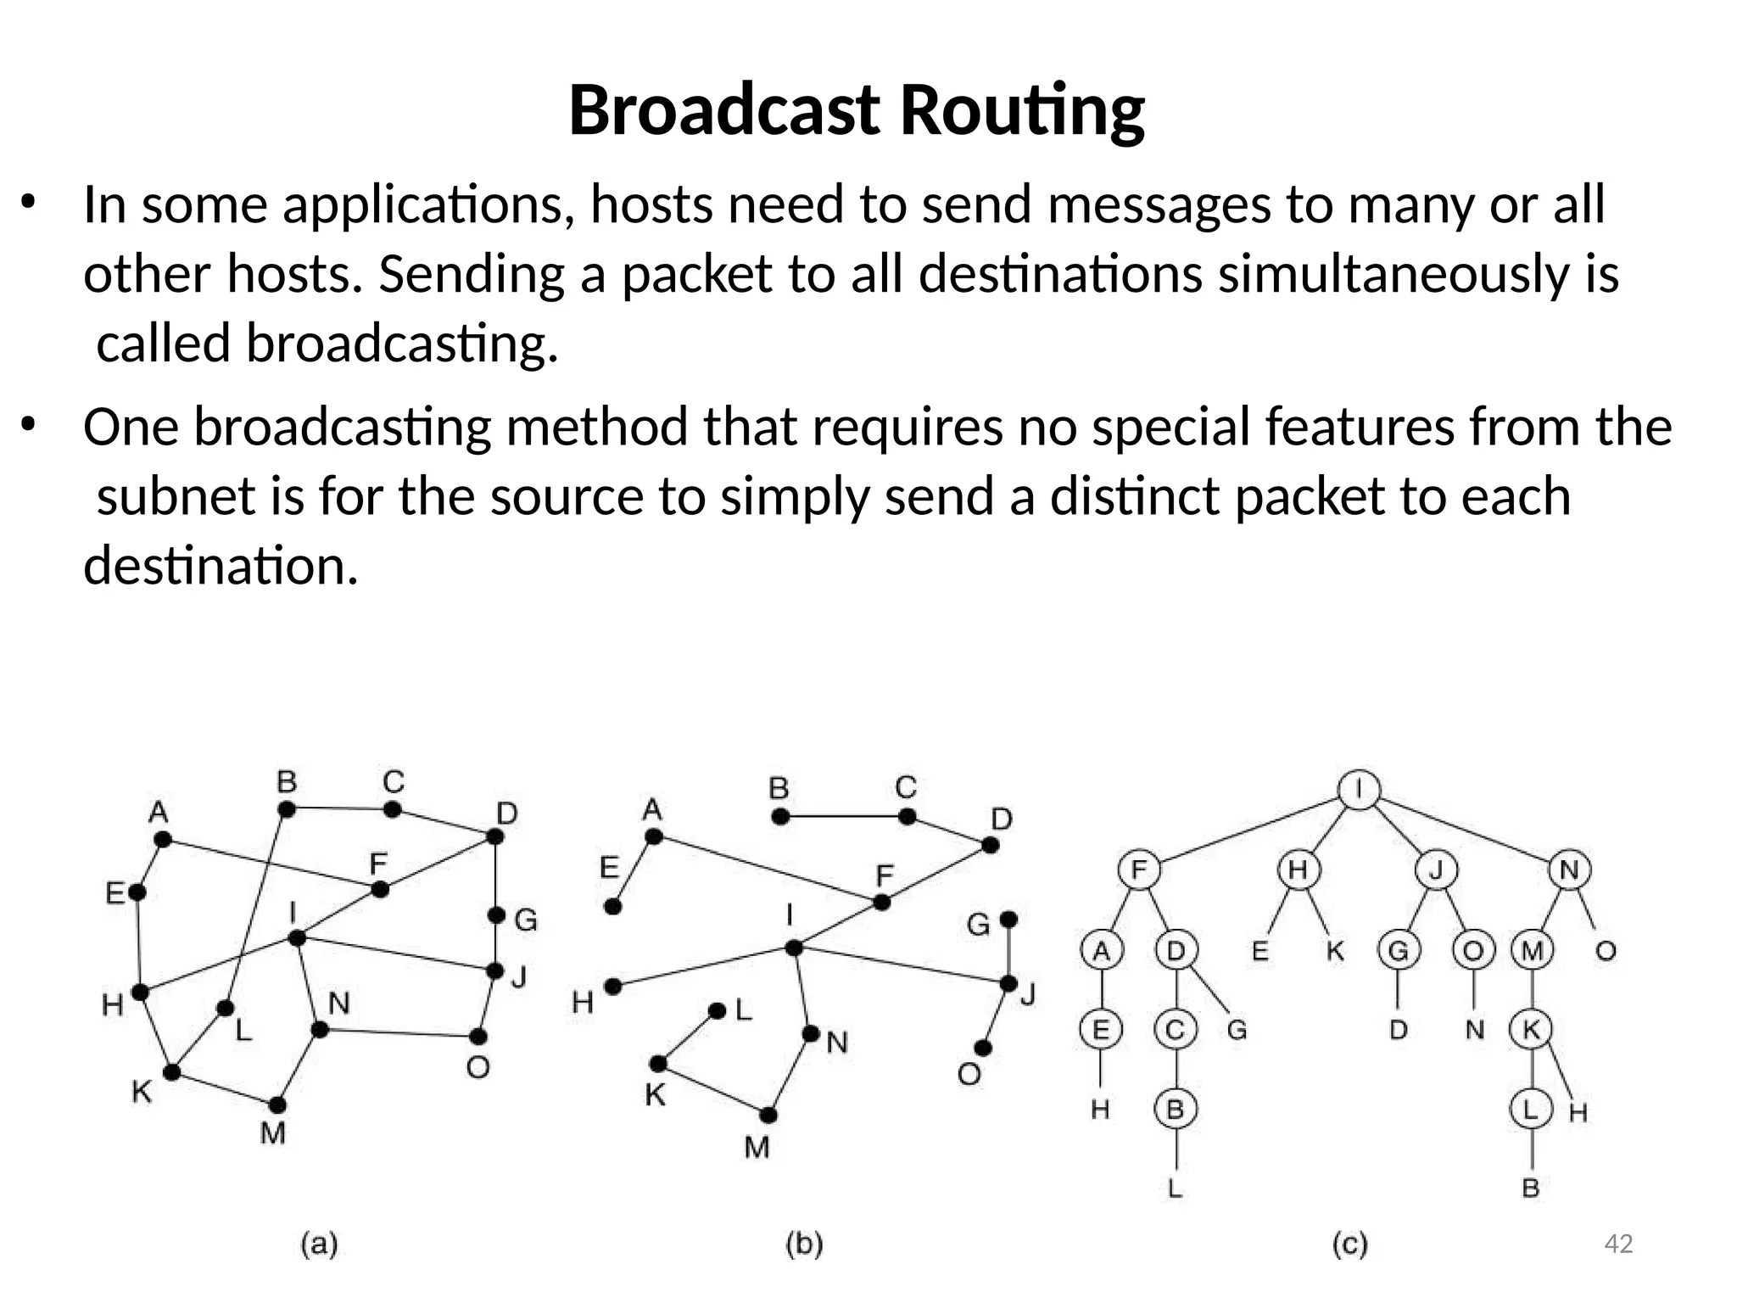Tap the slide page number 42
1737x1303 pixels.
(x=1619, y=1244)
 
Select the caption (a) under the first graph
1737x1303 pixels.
(x=320, y=1244)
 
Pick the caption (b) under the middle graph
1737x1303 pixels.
(x=804, y=1244)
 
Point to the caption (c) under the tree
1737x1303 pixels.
(x=1350, y=1244)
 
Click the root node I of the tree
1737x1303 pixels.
(x=1359, y=791)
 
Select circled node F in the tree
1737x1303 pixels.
(x=1139, y=870)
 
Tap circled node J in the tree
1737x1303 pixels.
(x=1436, y=870)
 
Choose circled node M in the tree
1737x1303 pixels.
(x=1532, y=951)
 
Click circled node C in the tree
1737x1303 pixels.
(x=1176, y=1031)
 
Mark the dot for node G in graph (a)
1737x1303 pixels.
(x=496, y=916)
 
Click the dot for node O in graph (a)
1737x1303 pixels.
(x=478, y=1037)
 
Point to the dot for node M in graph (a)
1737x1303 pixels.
(x=277, y=1104)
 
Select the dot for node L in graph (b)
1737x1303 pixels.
(x=718, y=1011)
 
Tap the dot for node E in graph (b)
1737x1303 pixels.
(x=613, y=907)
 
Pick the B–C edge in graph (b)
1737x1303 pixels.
(x=844, y=817)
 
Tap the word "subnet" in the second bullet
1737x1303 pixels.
(x=176, y=496)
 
